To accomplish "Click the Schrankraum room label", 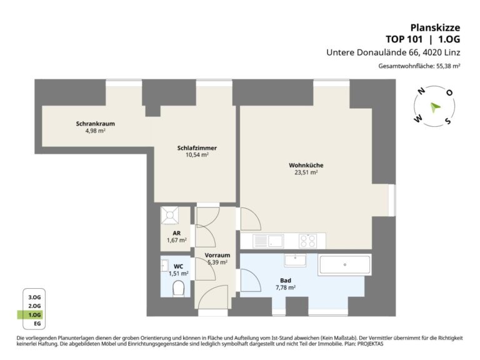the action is pos(96,124).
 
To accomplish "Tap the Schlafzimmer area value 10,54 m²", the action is pos(197,155).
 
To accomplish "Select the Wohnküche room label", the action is pos(306,165).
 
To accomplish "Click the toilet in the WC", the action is pos(178,289).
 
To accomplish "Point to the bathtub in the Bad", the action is pos(345,265).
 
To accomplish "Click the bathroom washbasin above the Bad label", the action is pos(295,260).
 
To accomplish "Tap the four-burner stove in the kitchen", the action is pos(307,241).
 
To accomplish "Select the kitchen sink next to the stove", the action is pos(268,241).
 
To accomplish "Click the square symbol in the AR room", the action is pos(169,216).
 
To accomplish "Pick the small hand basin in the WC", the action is pos(165,265).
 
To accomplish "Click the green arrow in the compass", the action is pos(435,107).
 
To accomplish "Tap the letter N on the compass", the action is pos(421,91).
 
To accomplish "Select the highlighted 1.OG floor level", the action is pos(34,315).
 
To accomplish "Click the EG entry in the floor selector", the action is pos(37,324).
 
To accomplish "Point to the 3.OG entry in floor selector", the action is pos(34,297).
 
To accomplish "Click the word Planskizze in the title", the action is pos(435,27).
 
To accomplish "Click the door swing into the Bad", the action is pos(251,281).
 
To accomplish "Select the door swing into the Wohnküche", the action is pos(251,219).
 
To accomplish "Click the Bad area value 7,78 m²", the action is pos(285,287).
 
